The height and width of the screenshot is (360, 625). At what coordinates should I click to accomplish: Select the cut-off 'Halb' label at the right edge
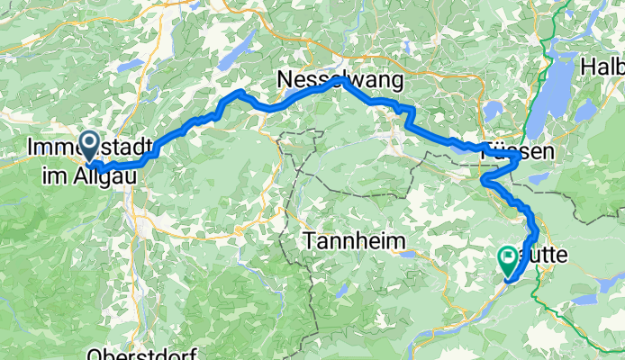[603, 67]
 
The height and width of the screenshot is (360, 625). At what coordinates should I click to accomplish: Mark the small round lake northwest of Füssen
[494, 110]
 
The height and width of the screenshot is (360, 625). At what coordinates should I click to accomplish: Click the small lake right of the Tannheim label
[409, 254]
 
